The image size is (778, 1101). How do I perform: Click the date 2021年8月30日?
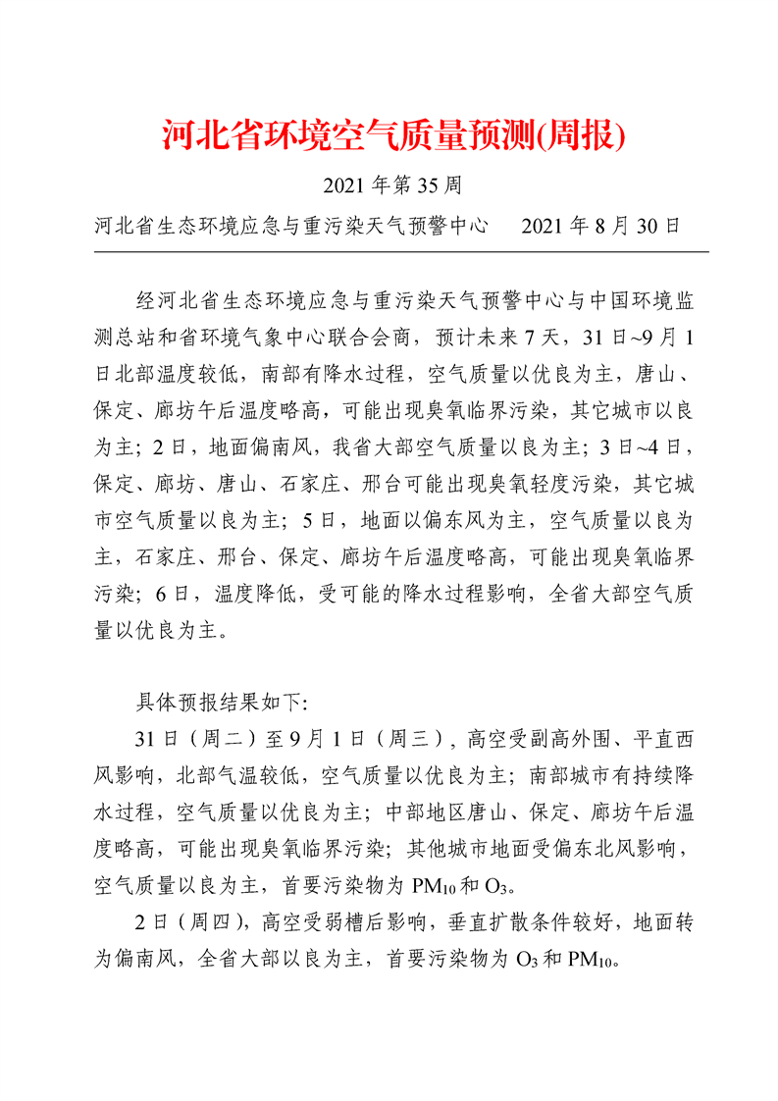(600, 227)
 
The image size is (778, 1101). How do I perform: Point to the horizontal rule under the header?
(401, 252)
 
